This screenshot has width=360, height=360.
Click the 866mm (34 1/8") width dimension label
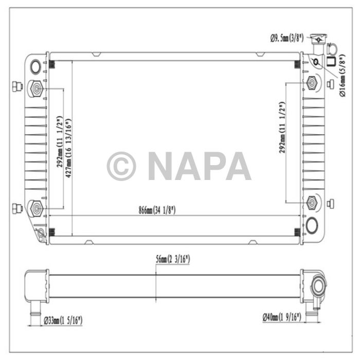click(x=157, y=210)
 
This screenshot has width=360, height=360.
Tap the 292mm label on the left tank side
click(x=60, y=149)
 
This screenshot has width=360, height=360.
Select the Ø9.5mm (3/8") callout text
click(x=287, y=38)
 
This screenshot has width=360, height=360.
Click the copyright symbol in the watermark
click(x=121, y=166)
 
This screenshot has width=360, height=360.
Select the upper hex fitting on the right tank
click(x=312, y=83)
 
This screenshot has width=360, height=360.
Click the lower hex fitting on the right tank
click(x=312, y=202)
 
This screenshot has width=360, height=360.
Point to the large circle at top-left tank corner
click(x=35, y=66)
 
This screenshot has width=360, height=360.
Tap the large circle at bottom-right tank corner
click(x=312, y=224)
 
